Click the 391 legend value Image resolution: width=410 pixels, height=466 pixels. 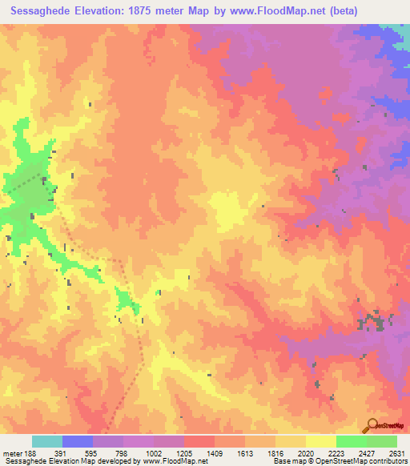(x=62, y=452)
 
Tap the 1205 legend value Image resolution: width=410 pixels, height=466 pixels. (x=184, y=452)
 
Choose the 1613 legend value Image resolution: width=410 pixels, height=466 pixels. (x=244, y=452)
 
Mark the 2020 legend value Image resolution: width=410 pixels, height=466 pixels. (x=305, y=452)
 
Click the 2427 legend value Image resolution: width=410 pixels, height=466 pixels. (x=365, y=452)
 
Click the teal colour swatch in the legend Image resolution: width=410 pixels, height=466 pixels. (x=47, y=441)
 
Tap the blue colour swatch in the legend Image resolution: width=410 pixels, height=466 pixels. (x=78, y=441)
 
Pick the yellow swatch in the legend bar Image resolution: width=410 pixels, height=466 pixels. (x=320, y=441)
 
